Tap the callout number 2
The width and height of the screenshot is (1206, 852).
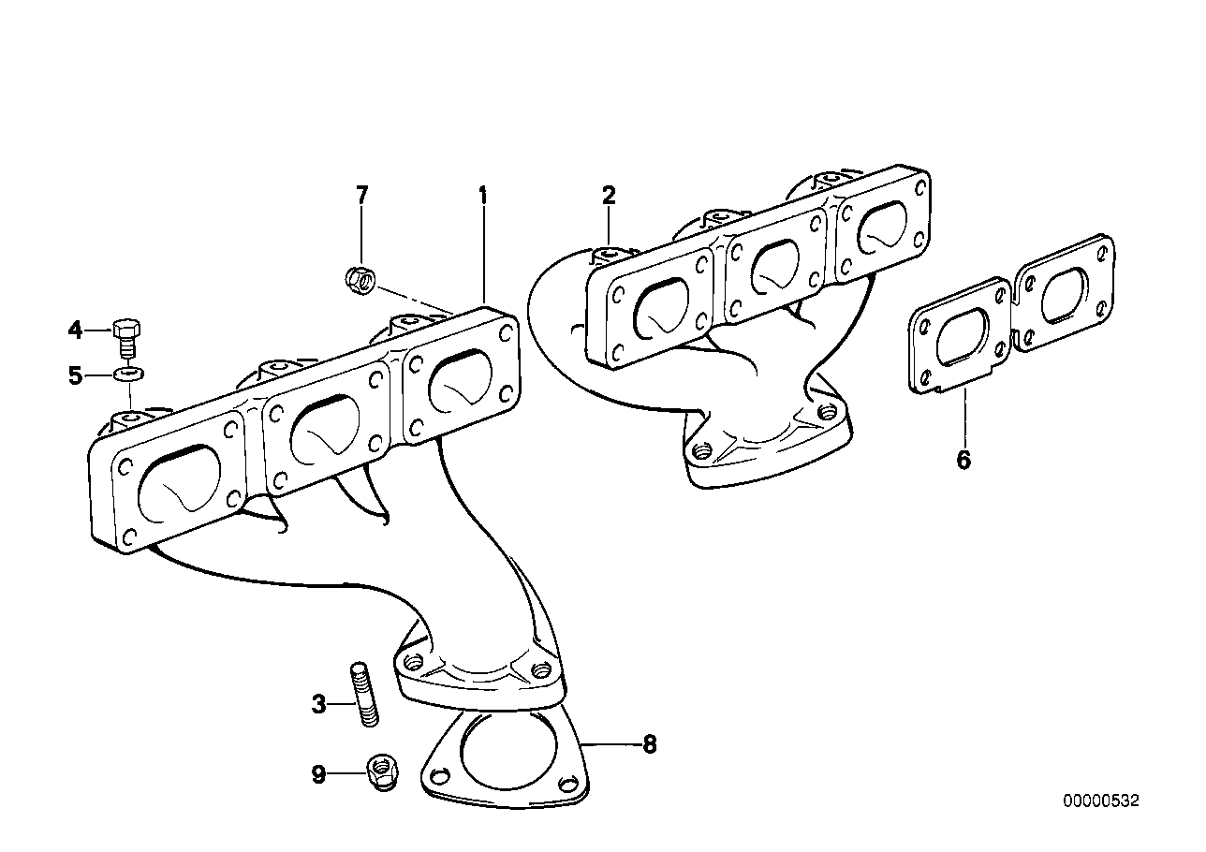click(x=609, y=196)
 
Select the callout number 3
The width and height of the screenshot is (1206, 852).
click(x=318, y=704)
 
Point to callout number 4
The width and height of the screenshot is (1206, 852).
click(x=75, y=330)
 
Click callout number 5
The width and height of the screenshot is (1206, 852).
click(x=75, y=376)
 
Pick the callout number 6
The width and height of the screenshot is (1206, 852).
click(x=963, y=460)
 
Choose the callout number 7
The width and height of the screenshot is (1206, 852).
click(x=361, y=196)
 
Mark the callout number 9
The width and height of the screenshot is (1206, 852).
click(x=318, y=774)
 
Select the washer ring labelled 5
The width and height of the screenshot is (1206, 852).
click(x=129, y=376)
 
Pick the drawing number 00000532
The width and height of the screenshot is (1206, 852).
click(x=1100, y=801)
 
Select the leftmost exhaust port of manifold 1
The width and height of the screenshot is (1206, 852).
click(x=179, y=486)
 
